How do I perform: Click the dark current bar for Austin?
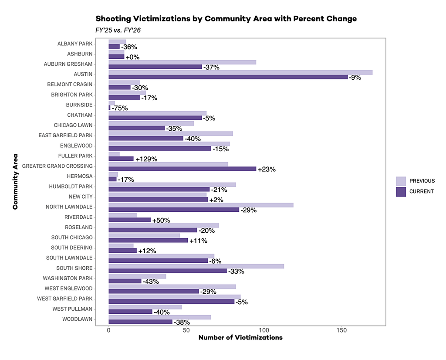[228, 77]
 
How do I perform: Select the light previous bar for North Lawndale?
[201, 205]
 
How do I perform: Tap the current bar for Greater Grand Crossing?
[182, 169]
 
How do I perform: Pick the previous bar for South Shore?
[196, 266]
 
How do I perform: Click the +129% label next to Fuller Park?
[146, 159]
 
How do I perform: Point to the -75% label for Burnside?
[120, 108]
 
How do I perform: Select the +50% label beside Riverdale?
[161, 221]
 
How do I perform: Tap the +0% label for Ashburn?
[132, 57]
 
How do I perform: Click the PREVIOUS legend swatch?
[401, 181]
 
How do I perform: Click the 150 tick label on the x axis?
[341, 330]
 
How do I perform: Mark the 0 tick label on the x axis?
[108, 330]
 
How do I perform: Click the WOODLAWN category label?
[78, 319]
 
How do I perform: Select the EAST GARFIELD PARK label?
[66, 136]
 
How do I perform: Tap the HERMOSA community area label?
[80, 176]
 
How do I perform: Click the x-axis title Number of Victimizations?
[240, 337]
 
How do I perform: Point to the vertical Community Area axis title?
[15, 182]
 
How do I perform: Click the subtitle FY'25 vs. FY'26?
[118, 30]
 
